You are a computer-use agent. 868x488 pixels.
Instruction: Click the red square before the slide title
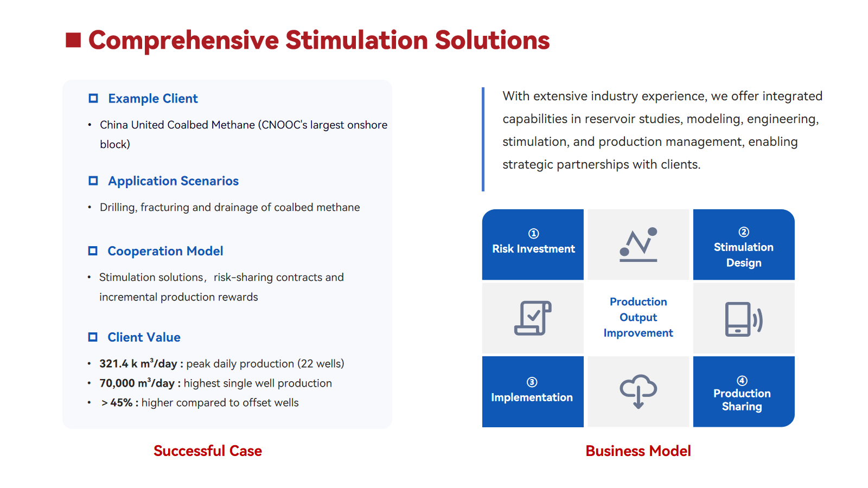point(73,40)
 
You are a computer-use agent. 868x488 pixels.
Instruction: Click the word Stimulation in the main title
point(356,40)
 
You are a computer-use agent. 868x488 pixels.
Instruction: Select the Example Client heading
point(152,98)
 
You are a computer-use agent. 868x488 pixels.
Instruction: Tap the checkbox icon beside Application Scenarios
point(93,181)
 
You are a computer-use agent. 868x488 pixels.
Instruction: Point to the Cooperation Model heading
point(165,251)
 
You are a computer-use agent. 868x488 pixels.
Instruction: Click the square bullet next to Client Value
point(93,337)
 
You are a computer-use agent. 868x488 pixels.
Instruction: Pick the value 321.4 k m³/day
point(138,364)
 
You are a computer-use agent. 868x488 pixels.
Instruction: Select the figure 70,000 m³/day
point(137,383)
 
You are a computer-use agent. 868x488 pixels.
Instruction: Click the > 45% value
point(117,403)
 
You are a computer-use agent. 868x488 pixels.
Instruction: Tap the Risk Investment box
point(533,245)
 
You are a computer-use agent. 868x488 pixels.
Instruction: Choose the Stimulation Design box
point(744,245)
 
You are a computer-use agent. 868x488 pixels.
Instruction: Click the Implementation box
point(533,391)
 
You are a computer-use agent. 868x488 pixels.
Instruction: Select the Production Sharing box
point(744,391)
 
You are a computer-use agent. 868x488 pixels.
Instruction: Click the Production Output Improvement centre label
point(638,317)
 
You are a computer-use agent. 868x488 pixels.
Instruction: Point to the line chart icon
point(638,245)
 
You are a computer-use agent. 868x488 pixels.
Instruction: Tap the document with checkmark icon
point(533,318)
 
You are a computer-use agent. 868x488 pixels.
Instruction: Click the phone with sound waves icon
point(744,319)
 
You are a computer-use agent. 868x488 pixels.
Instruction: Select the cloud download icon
point(638,391)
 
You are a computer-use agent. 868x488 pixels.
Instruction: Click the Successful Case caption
point(208,451)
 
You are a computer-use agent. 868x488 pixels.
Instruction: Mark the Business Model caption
point(638,451)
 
